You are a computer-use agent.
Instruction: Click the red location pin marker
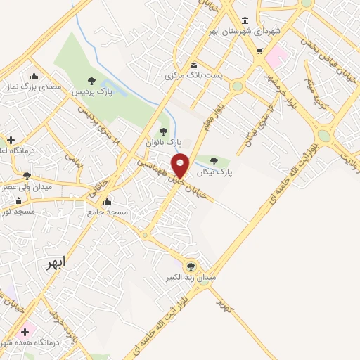click(181, 165)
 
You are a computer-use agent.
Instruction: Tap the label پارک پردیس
click(96, 93)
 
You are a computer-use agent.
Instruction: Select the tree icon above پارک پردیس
click(91, 81)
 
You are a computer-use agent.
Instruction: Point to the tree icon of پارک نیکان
click(214, 161)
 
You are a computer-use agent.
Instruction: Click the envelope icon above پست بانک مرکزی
click(193, 65)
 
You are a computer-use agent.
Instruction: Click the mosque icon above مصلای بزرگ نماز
click(34, 76)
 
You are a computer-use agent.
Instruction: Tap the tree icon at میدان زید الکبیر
click(190, 266)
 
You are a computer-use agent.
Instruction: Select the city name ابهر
click(56, 263)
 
